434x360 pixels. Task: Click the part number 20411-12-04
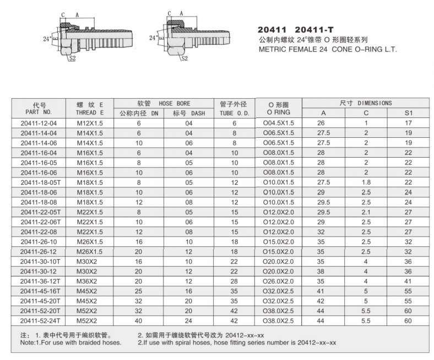[38, 123]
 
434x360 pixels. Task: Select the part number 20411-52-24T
[39, 321]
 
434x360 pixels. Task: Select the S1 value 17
[408, 123]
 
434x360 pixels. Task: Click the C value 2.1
[365, 212]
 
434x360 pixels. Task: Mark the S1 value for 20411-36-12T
[408, 281]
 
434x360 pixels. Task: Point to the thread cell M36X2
[88, 281]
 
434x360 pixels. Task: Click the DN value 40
[139, 321]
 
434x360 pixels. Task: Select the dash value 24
[189, 321]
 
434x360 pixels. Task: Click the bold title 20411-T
[318, 30]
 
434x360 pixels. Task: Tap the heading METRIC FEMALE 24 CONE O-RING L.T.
[328, 49]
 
